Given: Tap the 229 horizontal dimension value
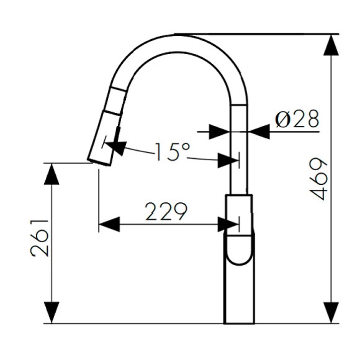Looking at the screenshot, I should (x=166, y=212).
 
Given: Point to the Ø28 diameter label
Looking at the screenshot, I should (x=297, y=119).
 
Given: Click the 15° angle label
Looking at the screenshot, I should (x=171, y=151).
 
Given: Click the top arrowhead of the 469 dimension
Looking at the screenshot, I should (x=331, y=44).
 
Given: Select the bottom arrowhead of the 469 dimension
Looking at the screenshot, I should (x=331, y=313).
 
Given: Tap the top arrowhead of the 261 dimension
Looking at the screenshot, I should (x=52, y=174).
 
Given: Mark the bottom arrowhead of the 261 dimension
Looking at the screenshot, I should (x=52, y=313).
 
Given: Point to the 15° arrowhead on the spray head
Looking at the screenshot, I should (x=116, y=148).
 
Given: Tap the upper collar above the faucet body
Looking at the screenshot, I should (x=239, y=208).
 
